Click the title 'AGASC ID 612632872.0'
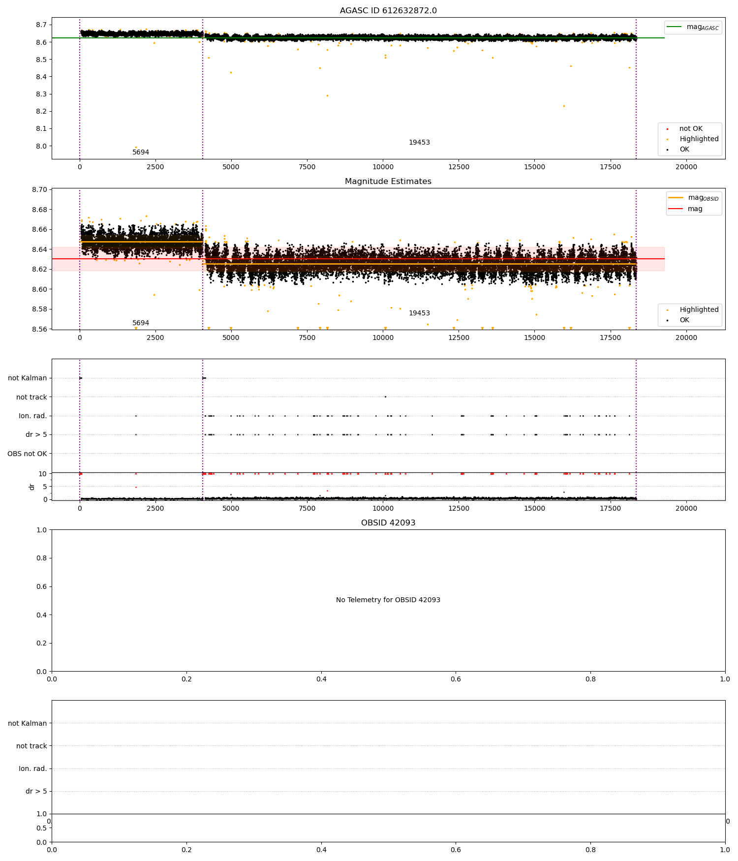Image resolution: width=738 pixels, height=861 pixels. click(x=388, y=11)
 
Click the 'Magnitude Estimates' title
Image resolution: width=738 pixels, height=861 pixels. click(x=388, y=182)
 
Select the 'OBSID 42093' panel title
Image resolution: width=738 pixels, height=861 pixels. click(x=388, y=523)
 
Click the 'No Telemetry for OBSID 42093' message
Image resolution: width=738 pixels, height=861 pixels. click(x=388, y=600)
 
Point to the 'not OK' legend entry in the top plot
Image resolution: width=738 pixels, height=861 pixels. click(x=691, y=129)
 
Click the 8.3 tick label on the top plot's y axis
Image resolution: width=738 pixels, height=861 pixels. click(x=41, y=94)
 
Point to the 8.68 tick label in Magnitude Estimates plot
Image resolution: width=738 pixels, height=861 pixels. click(x=39, y=210)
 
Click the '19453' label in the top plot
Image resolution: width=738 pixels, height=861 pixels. click(x=419, y=143)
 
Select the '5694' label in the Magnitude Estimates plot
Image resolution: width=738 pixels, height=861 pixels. click(x=141, y=323)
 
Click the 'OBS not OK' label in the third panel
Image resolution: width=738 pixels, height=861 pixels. click(x=27, y=454)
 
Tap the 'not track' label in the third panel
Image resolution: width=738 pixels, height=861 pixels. click(x=31, y=397)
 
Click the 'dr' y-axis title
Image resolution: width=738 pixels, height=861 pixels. click(x=32, y=487)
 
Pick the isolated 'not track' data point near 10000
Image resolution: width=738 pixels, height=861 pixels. click(x=385, y=397)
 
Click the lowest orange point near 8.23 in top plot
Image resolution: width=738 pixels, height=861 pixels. click(x=564, y=106)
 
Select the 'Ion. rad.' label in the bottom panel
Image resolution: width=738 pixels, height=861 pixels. click(x=33, y=769)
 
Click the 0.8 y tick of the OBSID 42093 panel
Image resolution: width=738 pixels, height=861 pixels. click(x=42, y=558)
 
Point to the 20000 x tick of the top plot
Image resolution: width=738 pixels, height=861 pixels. click(x=686, y=167)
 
